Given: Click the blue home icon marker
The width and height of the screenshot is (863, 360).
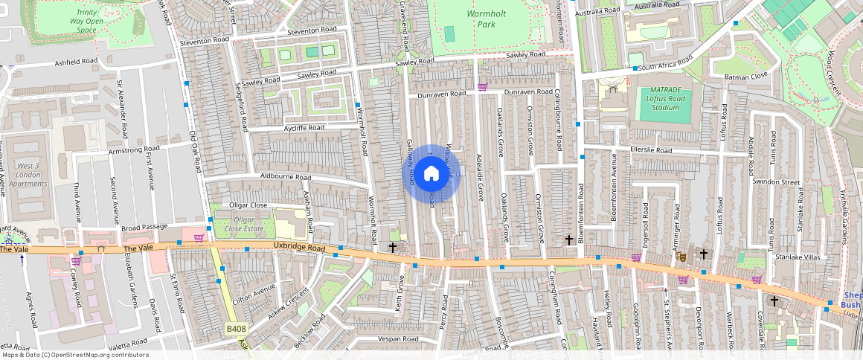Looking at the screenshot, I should click(431, 174).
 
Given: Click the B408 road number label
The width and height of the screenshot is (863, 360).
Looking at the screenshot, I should click(237, 328).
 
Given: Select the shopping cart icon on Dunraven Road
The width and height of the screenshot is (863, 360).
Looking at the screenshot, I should click(482, 87).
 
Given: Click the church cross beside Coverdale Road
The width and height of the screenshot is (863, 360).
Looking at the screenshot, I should click(774, 301).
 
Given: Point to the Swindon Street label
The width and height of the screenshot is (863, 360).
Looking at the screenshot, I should click(775, 182).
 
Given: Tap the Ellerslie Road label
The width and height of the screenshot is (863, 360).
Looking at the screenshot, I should click(651, 150).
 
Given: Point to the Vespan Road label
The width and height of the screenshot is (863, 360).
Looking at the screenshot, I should click(398, 338).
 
